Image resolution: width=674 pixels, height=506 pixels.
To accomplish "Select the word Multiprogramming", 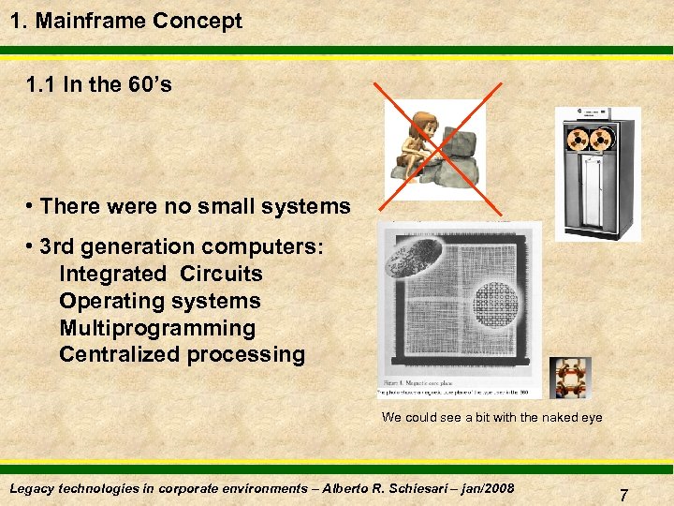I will [157, 329].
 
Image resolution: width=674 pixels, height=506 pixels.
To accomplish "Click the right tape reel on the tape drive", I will [608, 139].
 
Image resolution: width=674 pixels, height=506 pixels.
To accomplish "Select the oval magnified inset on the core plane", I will [416, 256].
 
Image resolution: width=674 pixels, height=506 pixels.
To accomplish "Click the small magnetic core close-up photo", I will [569, 378].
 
